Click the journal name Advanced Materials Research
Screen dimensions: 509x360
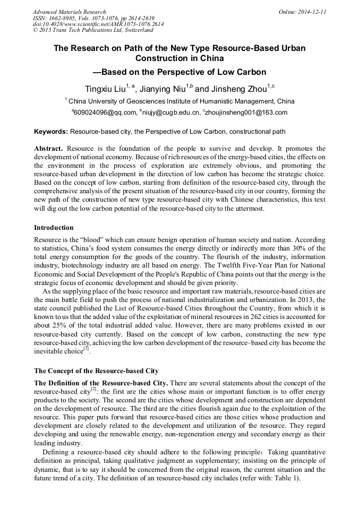pyautogui.click(x=69, y=12)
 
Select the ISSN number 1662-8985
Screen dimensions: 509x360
pyautogui.click(x=64, y=18)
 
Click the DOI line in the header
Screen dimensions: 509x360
pyautogui.click(x=98, y=24)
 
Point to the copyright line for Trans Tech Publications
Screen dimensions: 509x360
pyautogui.click(x=93, y=31)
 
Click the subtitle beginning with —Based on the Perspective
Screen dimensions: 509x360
pyautogui.click(x=179, y=72)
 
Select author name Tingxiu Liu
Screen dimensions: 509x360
pyautogui.click(x=106, y=88)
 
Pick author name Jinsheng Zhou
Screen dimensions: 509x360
pyautogui.click(x=237, y=88)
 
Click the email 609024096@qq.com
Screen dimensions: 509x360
pyautogui.click(x=105, y=112)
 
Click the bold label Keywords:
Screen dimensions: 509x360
pyautogui.click(x=51, y=132)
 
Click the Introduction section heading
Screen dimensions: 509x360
pyautogui.click(x=54, y=228)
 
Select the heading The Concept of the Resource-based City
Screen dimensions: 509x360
pyautogui.click(x=96, y=370)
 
